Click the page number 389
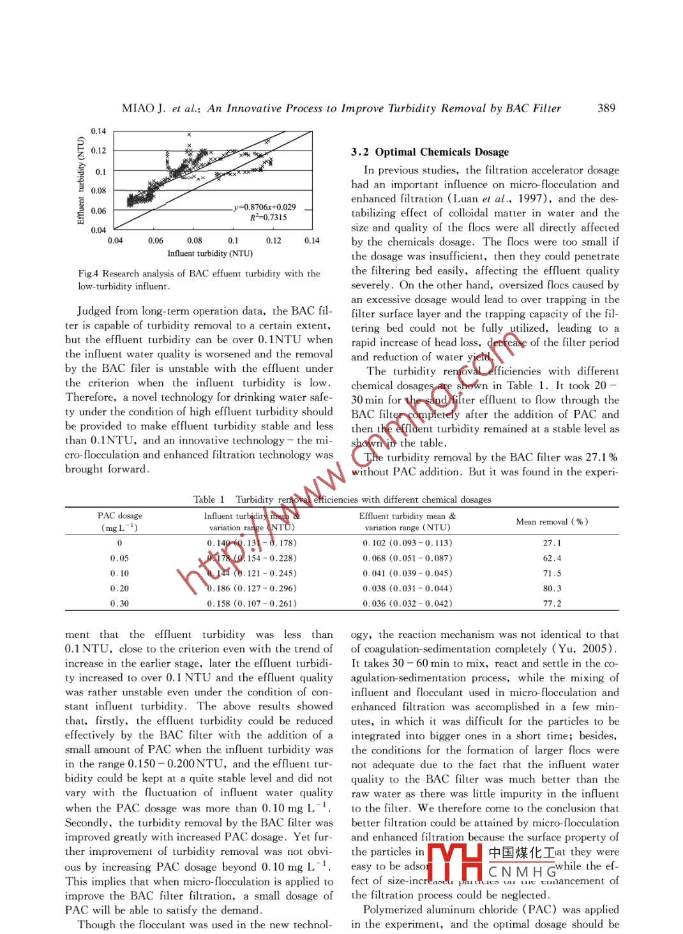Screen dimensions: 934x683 click(x=606, y=108)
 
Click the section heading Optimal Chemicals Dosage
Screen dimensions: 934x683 click(x=442, y=152)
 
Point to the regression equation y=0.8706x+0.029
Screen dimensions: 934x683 click(x=265, y=207)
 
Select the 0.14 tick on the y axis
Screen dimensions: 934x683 click(x=98, y=131)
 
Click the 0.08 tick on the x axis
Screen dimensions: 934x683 click(x=194, y=241)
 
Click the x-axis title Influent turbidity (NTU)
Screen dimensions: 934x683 click(x=210, y=253)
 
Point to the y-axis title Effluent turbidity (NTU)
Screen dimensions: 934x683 click(x=81, y=181)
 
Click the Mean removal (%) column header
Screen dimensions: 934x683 click(x=552, y=521)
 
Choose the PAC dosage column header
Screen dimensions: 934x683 click(x=120, y=515)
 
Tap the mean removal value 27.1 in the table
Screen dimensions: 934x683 click(x=552, y=543)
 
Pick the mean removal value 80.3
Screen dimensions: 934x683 click(x=552, y=588)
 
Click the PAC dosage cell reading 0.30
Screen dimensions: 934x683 click(x=119, y=604)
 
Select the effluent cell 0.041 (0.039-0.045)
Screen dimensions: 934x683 click(x=407, y=573)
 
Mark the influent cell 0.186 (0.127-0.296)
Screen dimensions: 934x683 click(x=251, y=588)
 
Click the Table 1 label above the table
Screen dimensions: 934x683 click(x=209, y=500)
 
